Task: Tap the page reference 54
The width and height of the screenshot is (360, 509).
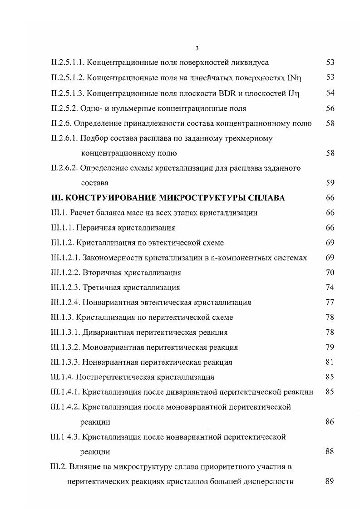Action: point(330,93)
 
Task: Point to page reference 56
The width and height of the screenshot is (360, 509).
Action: point(330,108)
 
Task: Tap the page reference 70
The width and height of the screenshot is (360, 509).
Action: point(330,273)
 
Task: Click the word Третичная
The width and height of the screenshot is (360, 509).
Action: point(102,288)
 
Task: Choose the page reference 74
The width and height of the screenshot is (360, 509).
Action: point(330,288)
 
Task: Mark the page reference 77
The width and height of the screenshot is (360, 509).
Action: point(330,303)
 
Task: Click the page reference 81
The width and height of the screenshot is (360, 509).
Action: point(330,362)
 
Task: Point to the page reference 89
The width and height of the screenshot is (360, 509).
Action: point(330,482)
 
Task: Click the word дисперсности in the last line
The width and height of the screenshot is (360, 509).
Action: point(271,482)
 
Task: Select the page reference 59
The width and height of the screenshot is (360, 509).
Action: point(330,183)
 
